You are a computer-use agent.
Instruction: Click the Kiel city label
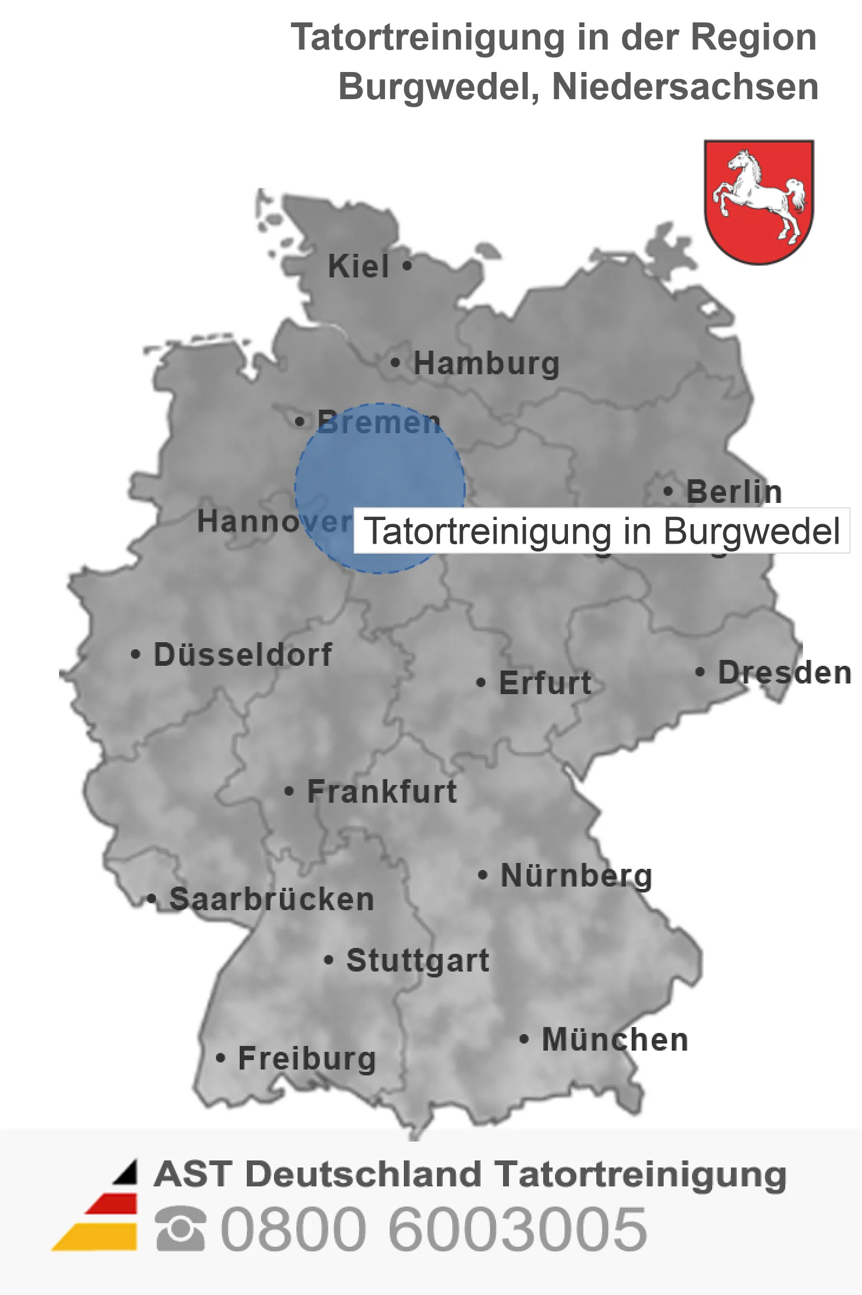click(358, 266)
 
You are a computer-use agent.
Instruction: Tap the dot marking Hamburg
click(395, 362)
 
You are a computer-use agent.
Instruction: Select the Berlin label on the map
click(734, 492)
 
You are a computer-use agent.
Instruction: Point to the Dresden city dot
click(700, 672)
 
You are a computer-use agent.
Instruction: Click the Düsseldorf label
click(243, 655)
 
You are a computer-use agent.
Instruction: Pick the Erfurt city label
click(545, 683)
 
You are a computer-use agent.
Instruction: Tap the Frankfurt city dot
click(289, 791)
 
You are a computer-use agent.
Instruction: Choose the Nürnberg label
click(576, 875)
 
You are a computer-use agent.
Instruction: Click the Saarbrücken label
click(272, 900)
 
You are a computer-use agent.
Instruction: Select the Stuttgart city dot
click(329, 960)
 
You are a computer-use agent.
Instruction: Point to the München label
click(615, 1039)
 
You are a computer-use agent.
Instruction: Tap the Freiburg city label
click(307, 1058)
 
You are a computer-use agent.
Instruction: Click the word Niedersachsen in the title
click(685, 87)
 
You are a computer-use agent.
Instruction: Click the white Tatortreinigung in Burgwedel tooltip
click(602, 531)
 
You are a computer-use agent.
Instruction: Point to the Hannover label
click(274, 521)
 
